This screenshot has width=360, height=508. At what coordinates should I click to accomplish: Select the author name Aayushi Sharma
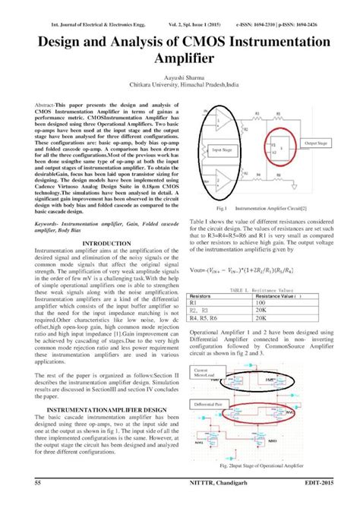(180, 78)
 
